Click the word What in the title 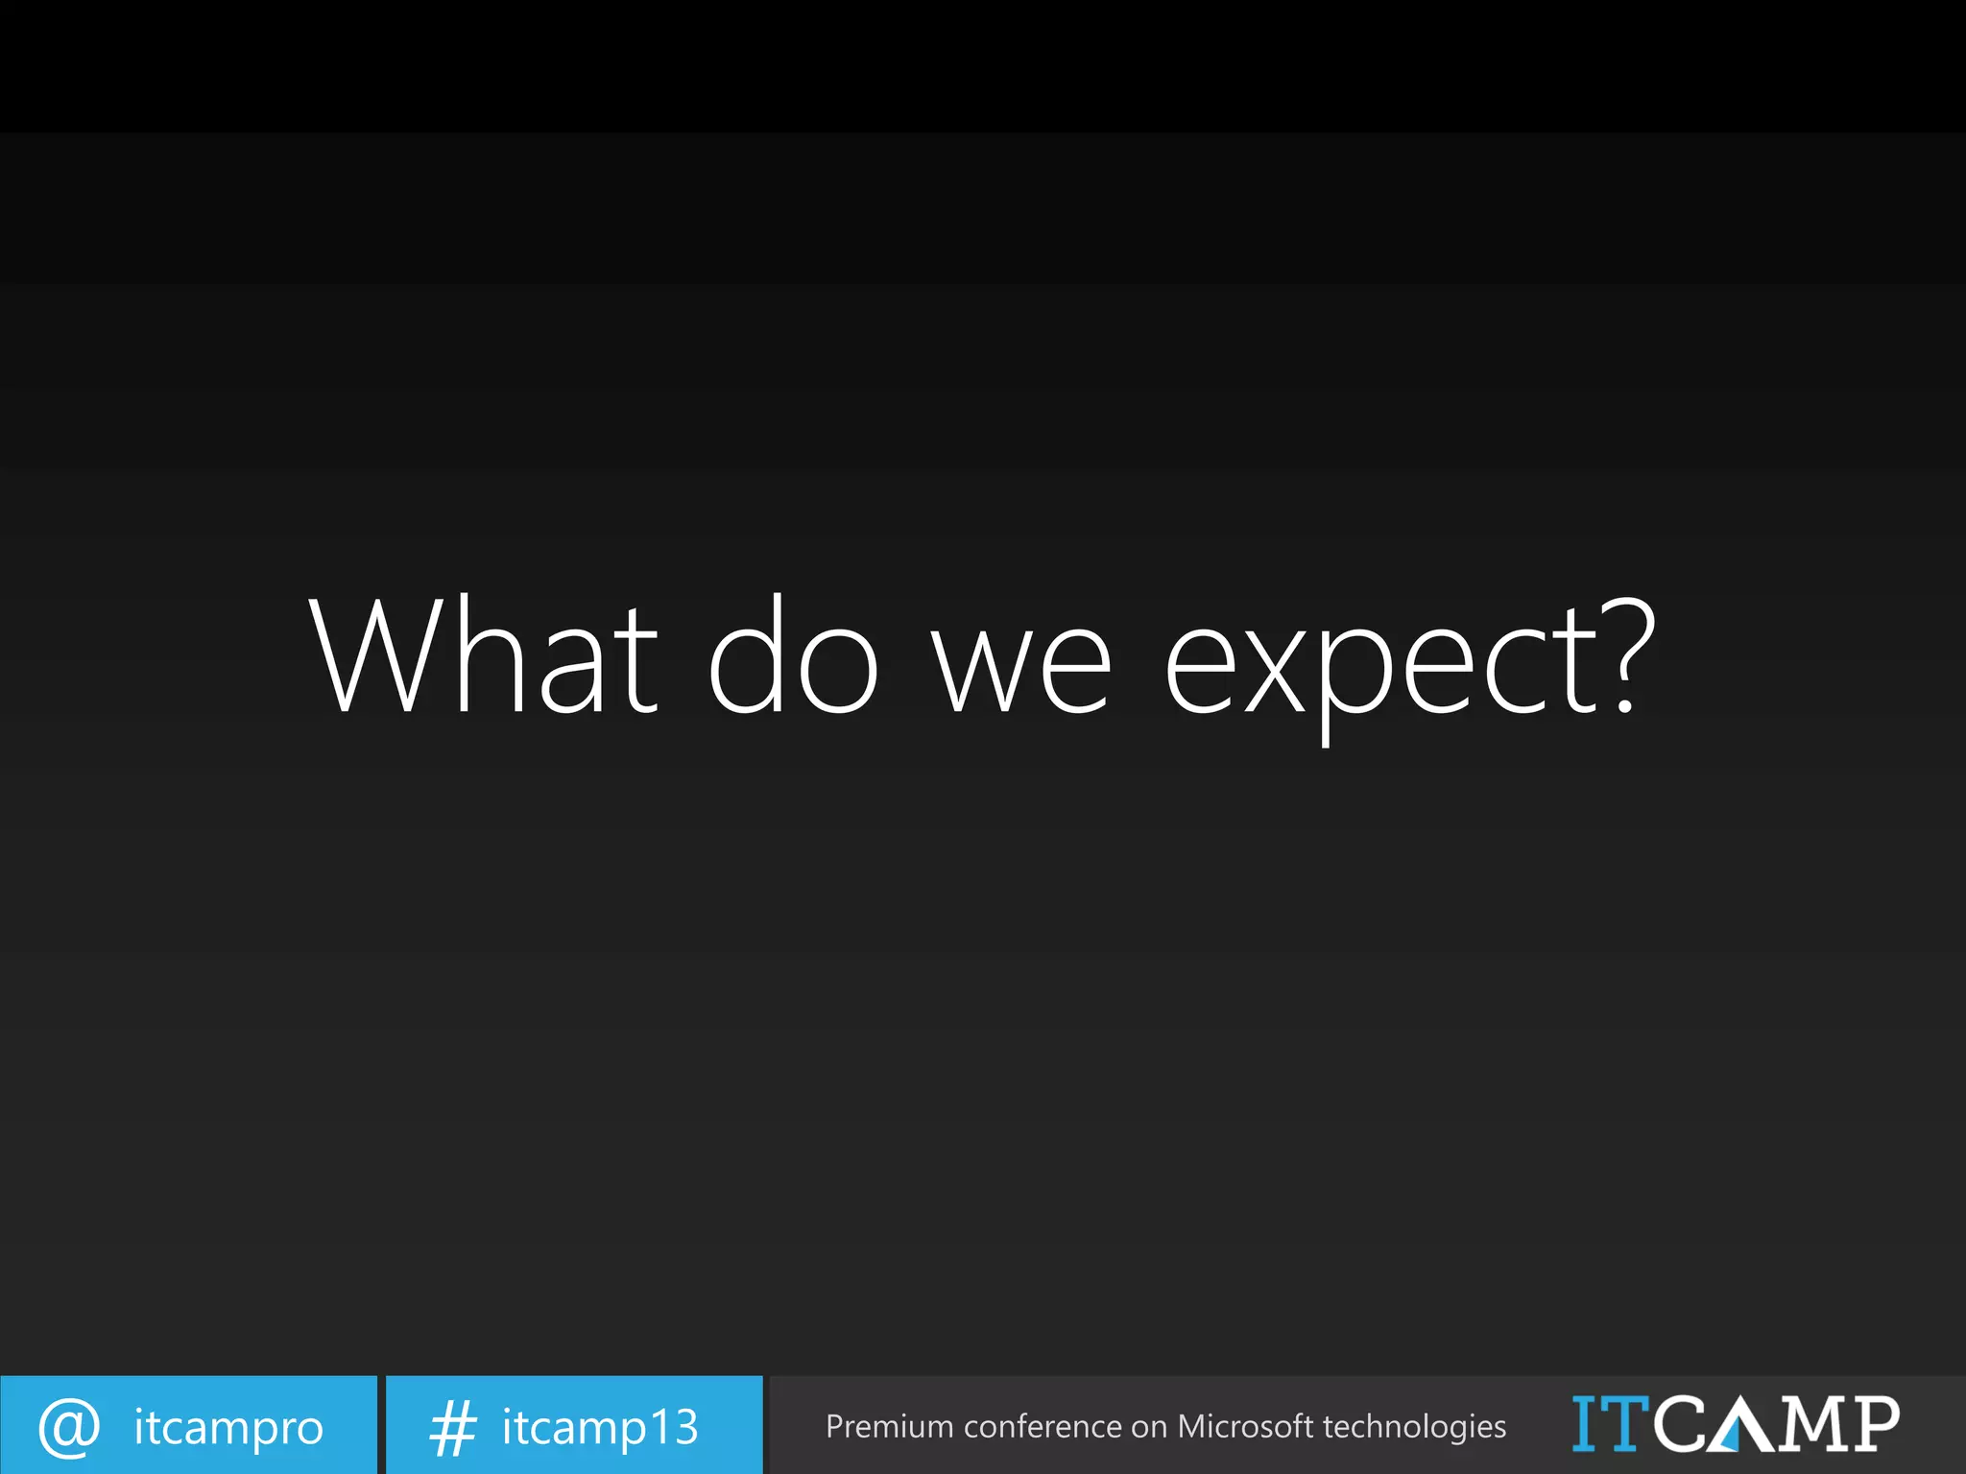coord(483,655)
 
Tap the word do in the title coord(793,655)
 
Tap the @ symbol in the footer coord(69,1427)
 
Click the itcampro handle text coord(228,1428)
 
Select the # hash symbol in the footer coord(452,1428)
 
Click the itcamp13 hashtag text coord(600,1428)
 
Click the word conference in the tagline coord(1043,1427)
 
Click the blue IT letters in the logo coord(1611,1423)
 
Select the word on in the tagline coord(1149,1427)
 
